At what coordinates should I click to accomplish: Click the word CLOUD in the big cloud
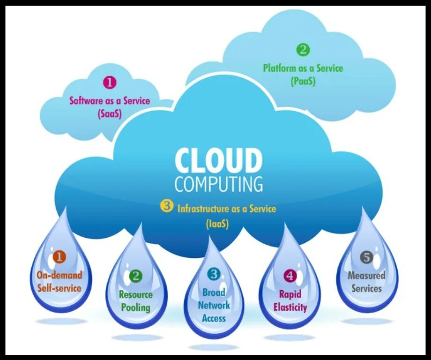[x=218, y=161]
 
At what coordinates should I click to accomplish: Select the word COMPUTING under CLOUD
[x=219, y=184]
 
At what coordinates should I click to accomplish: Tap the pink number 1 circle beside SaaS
[x=109, y=83]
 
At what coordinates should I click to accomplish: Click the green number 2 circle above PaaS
[x=303, y=50]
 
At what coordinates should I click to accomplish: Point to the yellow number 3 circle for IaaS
[x=166, y=206]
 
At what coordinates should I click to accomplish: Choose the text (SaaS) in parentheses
[x=110, y=113]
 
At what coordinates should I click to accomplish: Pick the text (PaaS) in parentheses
[x=303, y=81]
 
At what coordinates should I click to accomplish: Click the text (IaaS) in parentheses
[x=217, y=224]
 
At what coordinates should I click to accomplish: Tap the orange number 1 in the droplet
[x=59, y=256]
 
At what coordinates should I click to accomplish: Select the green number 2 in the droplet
[x=136, y=276]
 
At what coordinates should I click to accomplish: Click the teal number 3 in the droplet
[x=214, y=274]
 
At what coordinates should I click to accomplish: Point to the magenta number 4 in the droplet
[x=290, y=276]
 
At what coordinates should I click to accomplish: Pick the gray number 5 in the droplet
[x=366, y=257]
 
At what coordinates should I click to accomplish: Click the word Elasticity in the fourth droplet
[x=290, y=307]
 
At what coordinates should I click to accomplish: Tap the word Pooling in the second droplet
[x=136, y=307]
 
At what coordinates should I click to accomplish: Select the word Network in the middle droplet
[x=214, y=305]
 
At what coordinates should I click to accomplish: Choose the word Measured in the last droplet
[x=366, y=276]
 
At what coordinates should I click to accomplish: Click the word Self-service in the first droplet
[x=59, y=288]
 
